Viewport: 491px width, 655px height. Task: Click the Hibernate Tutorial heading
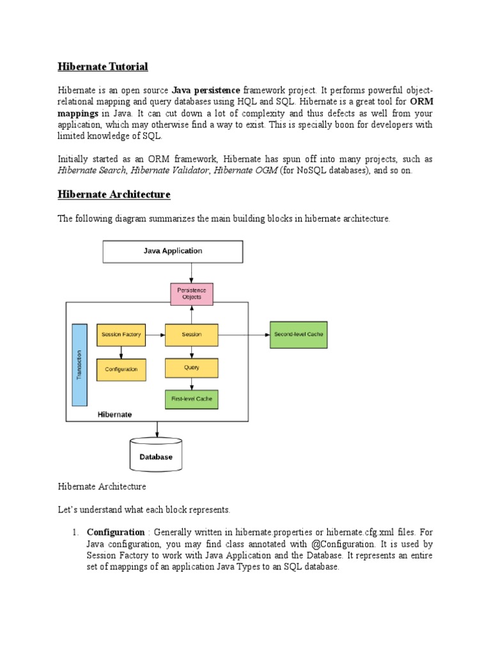click(x=102, y=67)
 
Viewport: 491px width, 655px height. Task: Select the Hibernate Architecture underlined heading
click(x=114, y=194)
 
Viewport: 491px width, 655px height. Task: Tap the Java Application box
click(x=173, y=251)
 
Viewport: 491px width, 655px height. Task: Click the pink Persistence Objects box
click(x=192, y=294)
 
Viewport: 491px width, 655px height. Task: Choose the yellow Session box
click(x=192, y=335)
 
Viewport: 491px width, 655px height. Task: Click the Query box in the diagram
click(x=192, y=368)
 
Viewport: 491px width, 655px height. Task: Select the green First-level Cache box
click(x=192, y=400)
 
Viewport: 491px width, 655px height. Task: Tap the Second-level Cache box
click(x=299, y=335)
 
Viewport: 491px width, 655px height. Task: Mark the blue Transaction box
click(x=79, y=365)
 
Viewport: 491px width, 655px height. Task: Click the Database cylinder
click(x=156, y=456)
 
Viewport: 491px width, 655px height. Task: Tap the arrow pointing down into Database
click(x=156, y=429)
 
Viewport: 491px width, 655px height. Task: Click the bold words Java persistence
click(x=206, y=90)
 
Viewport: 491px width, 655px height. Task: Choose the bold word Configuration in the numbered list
click(x=116, y=532)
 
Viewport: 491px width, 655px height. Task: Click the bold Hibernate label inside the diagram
click(x=114, y=414)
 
